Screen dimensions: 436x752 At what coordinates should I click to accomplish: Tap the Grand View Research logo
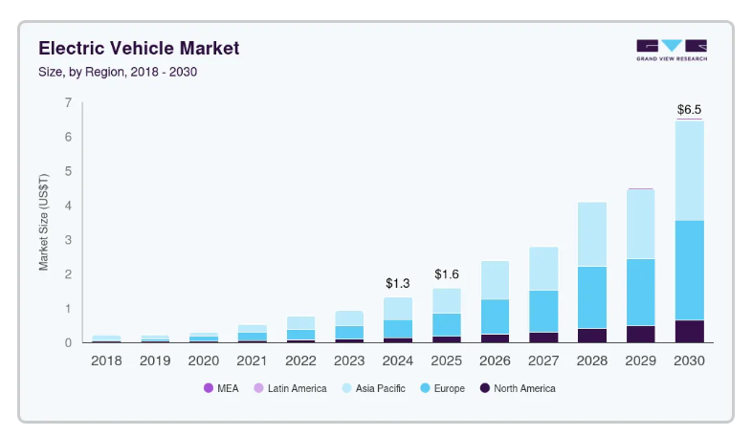tap(671, 49)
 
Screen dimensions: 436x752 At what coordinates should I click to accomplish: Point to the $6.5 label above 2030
tap(689, 109)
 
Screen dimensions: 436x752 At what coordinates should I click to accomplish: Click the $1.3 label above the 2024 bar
tap(398, 284)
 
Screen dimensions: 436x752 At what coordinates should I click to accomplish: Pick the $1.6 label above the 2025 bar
tap(447, 274)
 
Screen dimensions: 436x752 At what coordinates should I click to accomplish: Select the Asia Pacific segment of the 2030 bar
tap(689, 170)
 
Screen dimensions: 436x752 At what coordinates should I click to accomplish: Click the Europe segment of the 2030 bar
tap(689, 270)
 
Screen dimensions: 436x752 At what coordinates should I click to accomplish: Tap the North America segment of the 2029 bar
tap(640, 334)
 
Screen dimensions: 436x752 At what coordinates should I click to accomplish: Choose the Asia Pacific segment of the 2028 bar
tap(591, 234)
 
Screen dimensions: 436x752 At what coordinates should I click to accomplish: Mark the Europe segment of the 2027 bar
tap(543, 311)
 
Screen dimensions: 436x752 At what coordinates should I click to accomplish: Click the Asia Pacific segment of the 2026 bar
tap(495, 280)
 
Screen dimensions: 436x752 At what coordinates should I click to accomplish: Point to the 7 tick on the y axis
tap(67, 102)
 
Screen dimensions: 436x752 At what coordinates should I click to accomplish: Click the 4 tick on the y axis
tap(67, 206)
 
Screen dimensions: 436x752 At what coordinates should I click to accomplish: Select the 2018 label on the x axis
tap(106, 361)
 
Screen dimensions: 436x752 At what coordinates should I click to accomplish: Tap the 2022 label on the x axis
tap(300, 361)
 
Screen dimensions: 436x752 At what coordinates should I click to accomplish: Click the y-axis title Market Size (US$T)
tap(44, 222)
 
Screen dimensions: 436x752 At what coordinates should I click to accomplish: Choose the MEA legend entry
tap(222, 388)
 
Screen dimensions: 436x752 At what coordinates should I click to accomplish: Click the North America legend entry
tap(517, 388)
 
